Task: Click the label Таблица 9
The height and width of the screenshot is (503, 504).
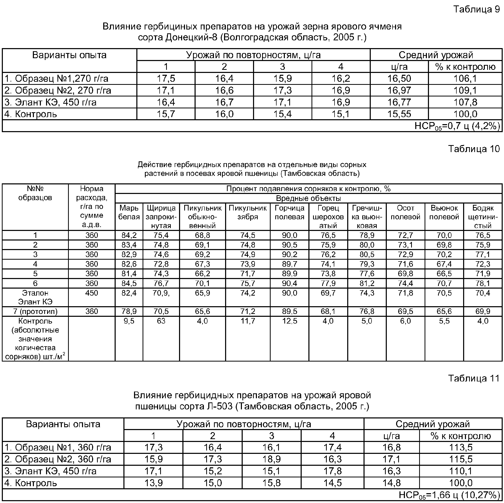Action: pos(476,9)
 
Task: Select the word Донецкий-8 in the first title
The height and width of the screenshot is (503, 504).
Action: pos(191,37)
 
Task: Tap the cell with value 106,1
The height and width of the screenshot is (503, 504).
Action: pos(465,78)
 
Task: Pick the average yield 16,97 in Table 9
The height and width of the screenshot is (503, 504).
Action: pos(399,91)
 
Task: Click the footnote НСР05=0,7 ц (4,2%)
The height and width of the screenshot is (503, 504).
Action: pos(457,126)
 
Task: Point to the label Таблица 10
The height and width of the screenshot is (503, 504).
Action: pos(474,149)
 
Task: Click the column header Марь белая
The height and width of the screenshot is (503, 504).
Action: pos(129,213)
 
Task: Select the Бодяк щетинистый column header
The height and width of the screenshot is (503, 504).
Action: pos(483,217)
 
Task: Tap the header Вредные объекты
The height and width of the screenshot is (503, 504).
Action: pos(308,198)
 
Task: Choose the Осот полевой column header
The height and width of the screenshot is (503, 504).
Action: pos(405,213)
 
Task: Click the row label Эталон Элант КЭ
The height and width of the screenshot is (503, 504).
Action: pos(35,297)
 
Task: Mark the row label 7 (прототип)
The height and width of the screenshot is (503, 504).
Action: pos(35,311)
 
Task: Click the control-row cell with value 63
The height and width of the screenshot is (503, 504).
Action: pos(161,321)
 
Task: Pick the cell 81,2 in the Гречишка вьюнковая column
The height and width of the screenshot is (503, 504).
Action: pos(367,283)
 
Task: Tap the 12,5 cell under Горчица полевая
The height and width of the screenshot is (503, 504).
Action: pos(290,321)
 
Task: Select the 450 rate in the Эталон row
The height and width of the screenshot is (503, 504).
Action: pos(92,293)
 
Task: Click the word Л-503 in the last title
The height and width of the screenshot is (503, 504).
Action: pos(219,406)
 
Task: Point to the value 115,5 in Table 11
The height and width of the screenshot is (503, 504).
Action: pos(461,459)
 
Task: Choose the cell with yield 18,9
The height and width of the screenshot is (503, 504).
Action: pos(271,459)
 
